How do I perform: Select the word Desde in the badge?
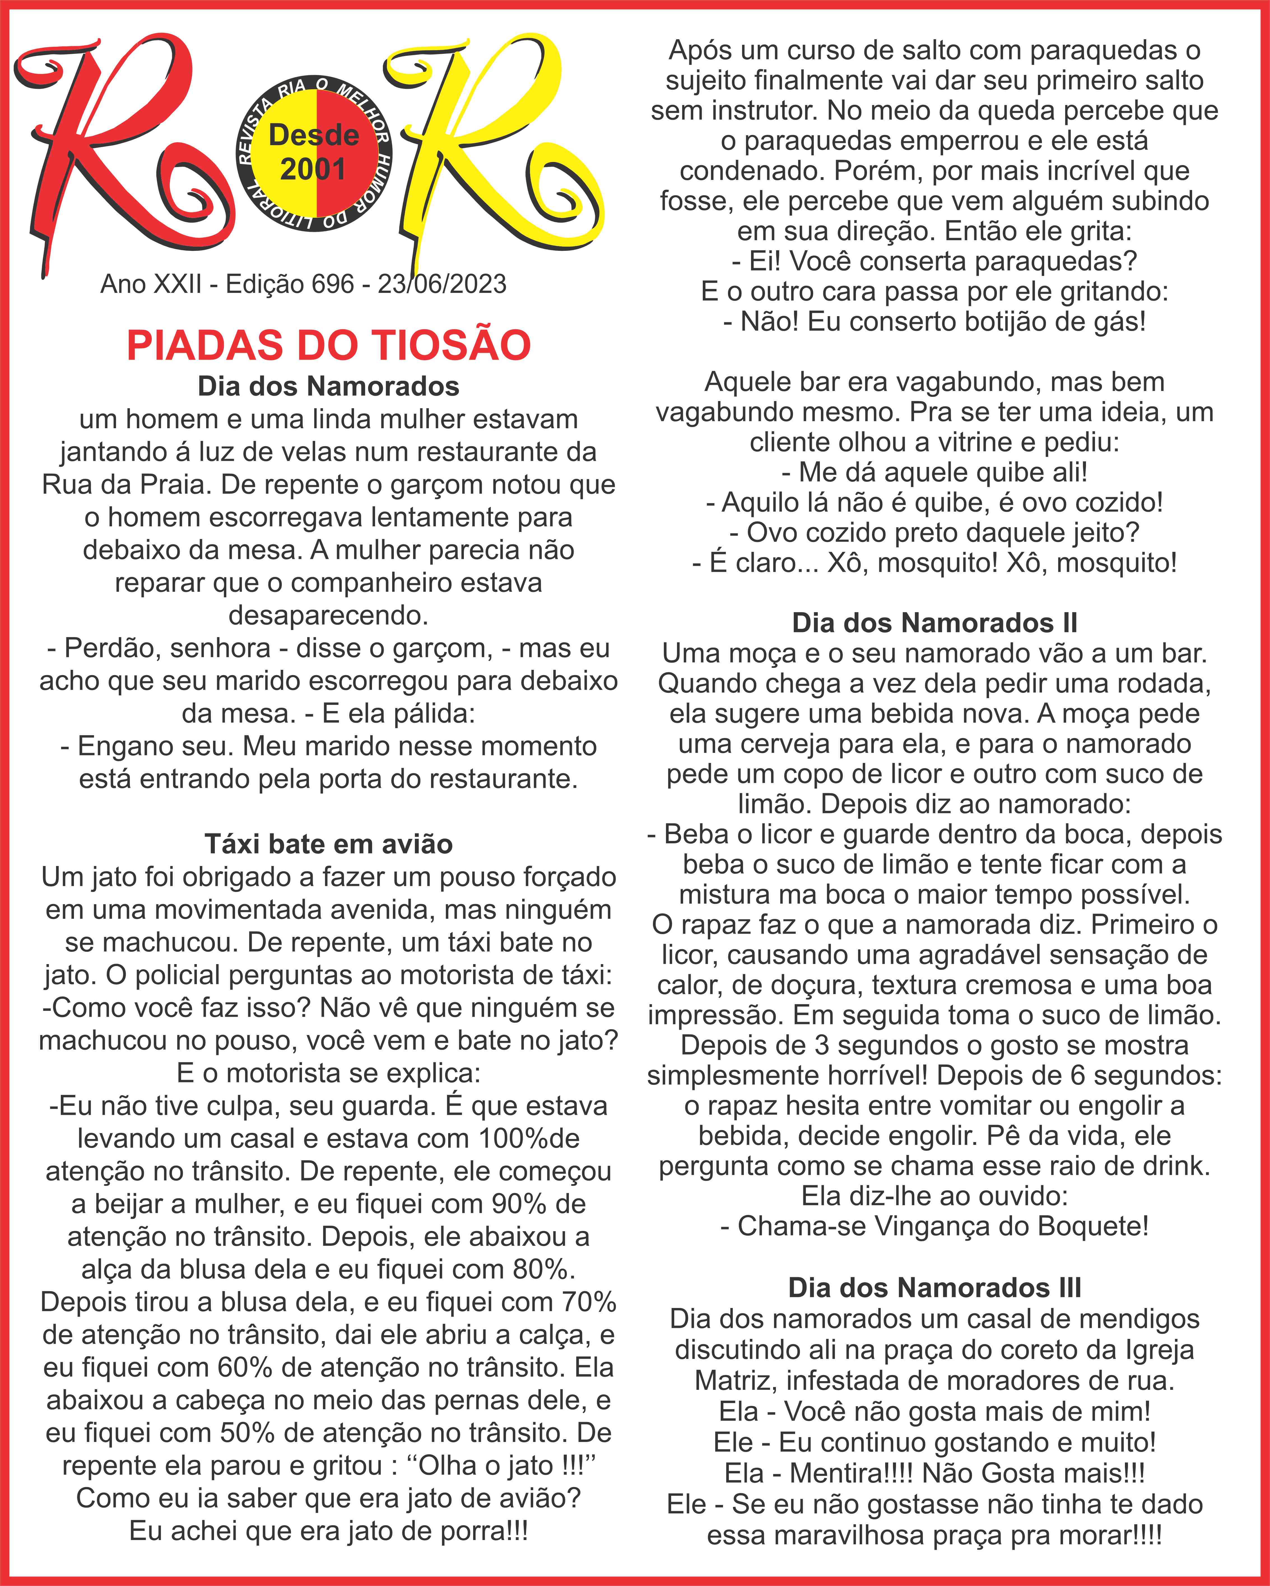coord(314,135)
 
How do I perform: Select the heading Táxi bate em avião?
coord(329,844)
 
